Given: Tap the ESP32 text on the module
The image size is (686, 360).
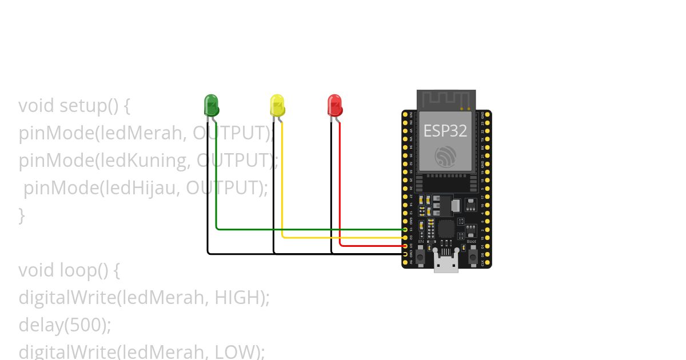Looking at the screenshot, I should click(445, 131).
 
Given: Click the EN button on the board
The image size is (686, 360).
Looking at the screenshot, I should click(420, 257).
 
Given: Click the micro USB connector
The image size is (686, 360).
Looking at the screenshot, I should click(446, 264).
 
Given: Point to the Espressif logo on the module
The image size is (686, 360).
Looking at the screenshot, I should click(445, 156).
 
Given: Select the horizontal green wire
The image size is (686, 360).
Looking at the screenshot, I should click(309, 229).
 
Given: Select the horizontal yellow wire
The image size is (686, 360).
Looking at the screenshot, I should click(343, 237).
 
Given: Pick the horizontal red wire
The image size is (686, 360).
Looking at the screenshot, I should click(372, 246).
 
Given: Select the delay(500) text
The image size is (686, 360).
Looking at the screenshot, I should click(65, 325).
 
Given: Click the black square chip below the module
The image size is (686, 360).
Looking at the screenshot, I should click(446, 229).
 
